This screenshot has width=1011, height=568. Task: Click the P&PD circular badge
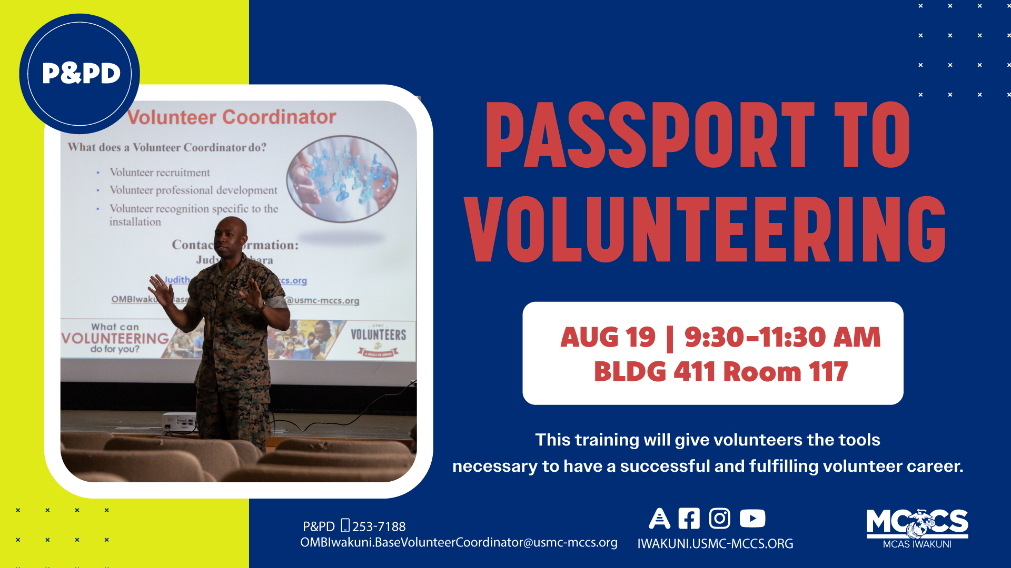(80, 74)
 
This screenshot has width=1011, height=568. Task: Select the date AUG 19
(608, 337)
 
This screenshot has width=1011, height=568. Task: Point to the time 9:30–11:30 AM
(782, 337)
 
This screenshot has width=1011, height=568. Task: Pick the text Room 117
(786, 372)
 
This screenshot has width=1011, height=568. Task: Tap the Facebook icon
(689, 518)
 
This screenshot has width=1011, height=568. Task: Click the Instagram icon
(719, 518)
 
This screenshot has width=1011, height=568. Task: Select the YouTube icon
(752, 518)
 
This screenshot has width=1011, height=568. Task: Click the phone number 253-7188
(379, 526)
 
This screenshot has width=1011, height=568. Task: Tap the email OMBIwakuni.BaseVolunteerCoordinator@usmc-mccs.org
(459, 542)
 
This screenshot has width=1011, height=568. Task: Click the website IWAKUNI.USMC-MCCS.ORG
(715, 544)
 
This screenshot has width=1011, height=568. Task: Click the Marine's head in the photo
(230, 236)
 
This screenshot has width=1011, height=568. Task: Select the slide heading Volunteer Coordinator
(232, 117)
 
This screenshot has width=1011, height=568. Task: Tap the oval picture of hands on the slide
(342, 179)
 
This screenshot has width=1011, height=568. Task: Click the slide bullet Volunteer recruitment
(160, 173)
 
